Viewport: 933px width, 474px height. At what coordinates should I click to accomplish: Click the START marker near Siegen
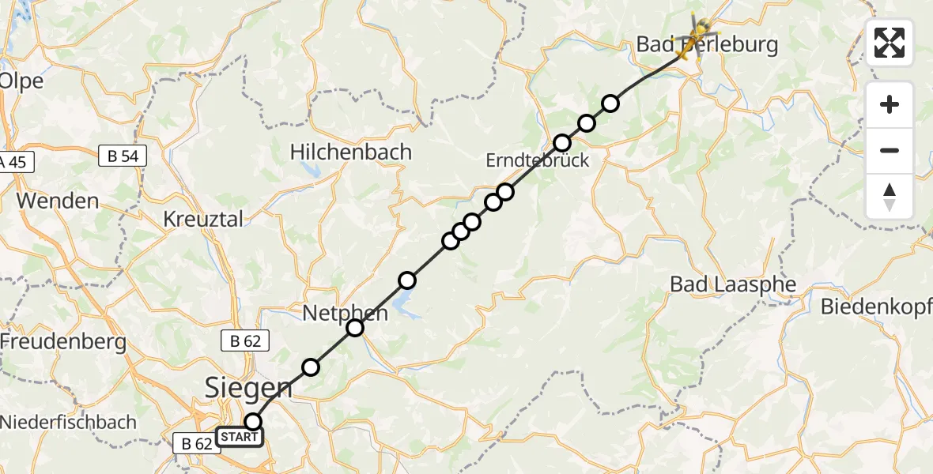point(238,437)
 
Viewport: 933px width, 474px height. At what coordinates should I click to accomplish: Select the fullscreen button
point(890,43)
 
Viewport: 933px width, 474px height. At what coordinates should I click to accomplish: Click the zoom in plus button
point(890,105)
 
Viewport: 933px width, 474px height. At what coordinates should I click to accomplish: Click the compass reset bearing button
point(890,197)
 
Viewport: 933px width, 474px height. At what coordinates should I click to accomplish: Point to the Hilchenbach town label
point(350,152)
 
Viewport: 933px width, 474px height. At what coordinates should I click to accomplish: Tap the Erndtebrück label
point(537,160)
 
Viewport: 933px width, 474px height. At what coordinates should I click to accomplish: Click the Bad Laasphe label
point(732,284)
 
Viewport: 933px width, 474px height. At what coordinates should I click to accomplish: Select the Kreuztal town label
point(204,219)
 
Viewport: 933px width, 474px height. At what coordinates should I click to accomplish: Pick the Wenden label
point(58,201)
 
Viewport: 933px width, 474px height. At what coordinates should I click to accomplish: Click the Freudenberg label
point(63,342)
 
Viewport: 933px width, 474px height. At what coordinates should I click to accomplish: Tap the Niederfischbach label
point(68,422)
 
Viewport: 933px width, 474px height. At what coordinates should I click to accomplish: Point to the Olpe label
point(21,81)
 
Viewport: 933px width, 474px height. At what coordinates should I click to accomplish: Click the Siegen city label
point(248,387)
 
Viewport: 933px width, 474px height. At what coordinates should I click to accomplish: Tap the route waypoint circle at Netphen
point(355,327)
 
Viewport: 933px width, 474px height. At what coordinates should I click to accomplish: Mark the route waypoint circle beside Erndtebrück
point(562,143)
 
